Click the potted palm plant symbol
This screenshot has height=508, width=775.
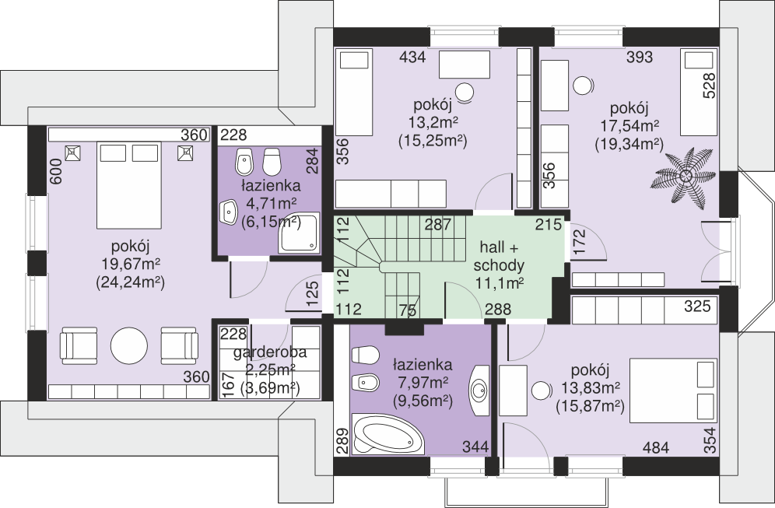pyautogui.click(x=686, y=175)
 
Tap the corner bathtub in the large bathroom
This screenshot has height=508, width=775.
pyautogui.click(x=388, y=434)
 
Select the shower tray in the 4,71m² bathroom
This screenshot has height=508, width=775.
pyautogui.click(x=299, y=233)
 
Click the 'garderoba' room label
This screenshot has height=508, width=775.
pyautogui.click(x=270, y=353)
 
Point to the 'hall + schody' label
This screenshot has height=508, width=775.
pyautogui.click(x=499, y=257)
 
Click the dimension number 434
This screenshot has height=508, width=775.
pyautogui.click(x=412, y=58)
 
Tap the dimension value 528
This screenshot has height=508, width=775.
pyautogui.click(x=710, y=86)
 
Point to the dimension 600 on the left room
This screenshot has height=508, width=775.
pyautogui.click(x=56, y=171)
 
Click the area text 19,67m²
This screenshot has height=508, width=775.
pyautogui.click(x=131, y=264)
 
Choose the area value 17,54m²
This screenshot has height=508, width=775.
pyautogui.click(x=629, y=125)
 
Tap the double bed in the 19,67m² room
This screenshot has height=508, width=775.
pyautogui.click(x=129, y=185)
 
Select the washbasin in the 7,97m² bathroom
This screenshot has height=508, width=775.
pyautogui.click(x=479, y=391)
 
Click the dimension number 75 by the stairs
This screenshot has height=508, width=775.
pyautogui.click(x=408, y=310)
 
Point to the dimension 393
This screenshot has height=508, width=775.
pyautogui.click(x=640, y=58)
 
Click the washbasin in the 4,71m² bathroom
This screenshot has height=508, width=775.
pyautogui.click(x=229, y=212)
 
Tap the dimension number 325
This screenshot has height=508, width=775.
pyautogui.click(x=697, y=307)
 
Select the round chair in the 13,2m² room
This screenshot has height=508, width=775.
pyautogui.click(x=465, y=92)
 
